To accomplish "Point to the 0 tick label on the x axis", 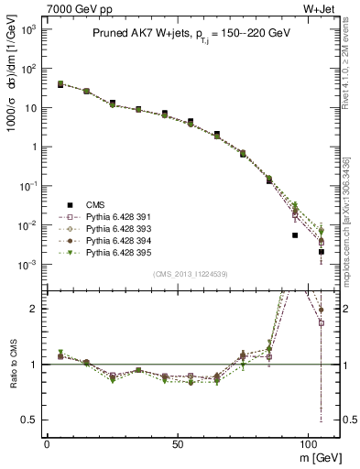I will pos(47,442).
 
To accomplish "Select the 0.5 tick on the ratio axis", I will pos(27,420).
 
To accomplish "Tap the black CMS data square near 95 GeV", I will pos(295,235).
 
